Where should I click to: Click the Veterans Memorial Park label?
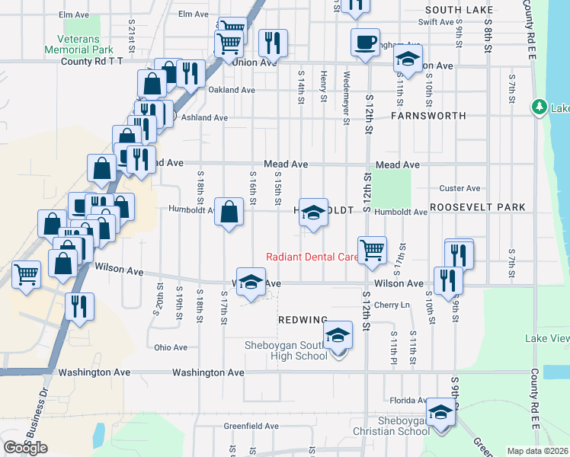tap(85, 43)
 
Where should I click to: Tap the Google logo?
tap(25, 448)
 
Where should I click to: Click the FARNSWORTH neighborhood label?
tap(427, 117)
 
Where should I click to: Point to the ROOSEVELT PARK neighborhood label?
tap(478, 207)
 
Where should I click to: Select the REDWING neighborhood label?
tap(303, 319)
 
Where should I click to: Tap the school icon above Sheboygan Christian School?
tap(440, 411)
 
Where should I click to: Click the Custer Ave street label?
tap(460, 188)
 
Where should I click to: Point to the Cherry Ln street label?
tap(392, 305)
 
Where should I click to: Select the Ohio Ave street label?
tap(171, 347)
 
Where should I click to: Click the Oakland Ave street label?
tap(232, 90)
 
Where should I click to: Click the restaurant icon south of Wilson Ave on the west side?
tap(78, 306)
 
